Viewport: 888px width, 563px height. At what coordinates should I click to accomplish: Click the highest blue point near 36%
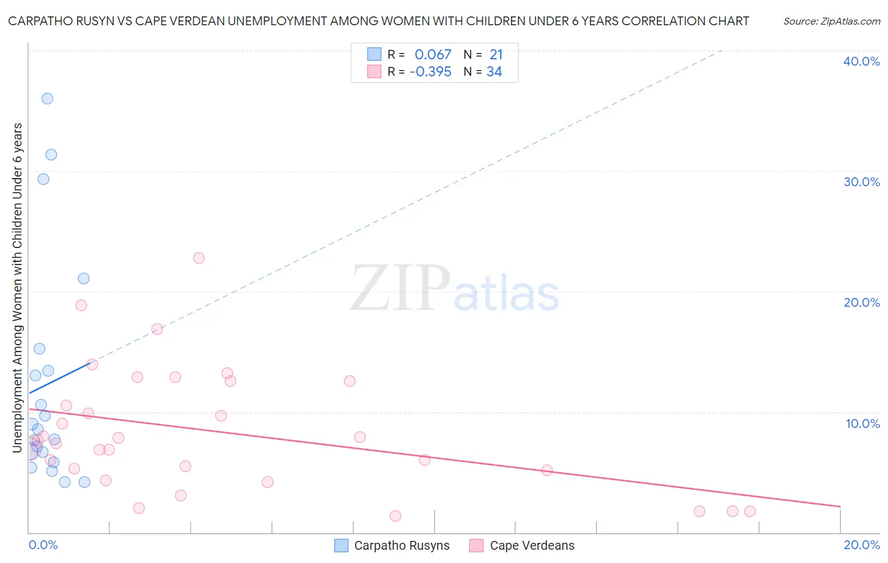[x=47, y=98]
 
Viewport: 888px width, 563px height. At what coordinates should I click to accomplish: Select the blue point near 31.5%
[x=51, y=155]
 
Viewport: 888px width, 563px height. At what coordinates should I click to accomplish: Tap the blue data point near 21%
[x=83, y=278]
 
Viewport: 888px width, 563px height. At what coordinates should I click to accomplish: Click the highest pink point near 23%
[x=199, y=258]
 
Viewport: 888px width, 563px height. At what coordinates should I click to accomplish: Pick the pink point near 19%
[x=81, y=305]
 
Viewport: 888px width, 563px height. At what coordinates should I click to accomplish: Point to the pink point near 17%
[x=157, y=329]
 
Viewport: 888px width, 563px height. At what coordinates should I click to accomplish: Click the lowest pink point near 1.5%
[x=395, y=516]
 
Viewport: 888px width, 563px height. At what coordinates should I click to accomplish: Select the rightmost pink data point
[x=750, y=511]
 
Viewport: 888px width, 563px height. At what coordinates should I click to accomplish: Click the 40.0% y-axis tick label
[x=861, y=61]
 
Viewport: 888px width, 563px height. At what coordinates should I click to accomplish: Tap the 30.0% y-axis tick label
[x=861, y=182]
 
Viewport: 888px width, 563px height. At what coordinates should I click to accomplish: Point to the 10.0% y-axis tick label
[x=863, y=423]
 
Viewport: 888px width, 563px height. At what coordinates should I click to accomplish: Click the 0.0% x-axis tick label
[x=43, y=545]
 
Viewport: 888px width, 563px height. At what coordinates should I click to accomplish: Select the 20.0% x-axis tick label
[x=861, y=545]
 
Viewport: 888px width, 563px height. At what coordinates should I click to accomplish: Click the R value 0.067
[x=433, y=55]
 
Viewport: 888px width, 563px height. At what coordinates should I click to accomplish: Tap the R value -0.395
[x=430, y=72]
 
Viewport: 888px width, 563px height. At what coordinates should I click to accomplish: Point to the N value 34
[x=494, y=72]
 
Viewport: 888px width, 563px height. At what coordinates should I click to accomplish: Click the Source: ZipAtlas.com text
[x=831, y=21]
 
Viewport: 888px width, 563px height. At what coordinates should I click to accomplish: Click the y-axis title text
[x=18, y=288]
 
